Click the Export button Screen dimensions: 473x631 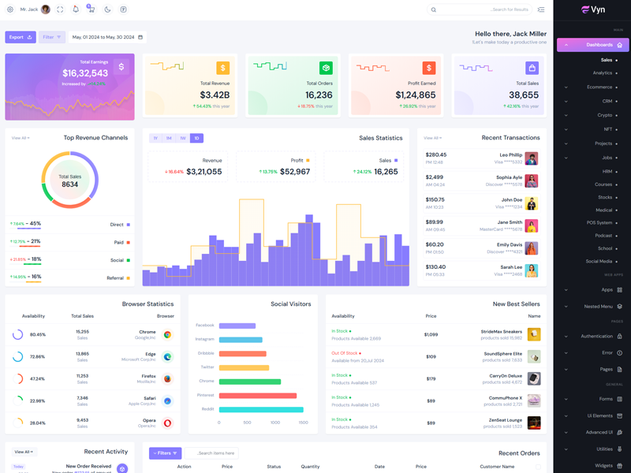click(21, 37)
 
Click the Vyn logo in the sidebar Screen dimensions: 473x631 click(593, 10)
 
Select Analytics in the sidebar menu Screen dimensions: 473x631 click(603, 73)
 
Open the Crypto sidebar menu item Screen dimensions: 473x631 click(604, 115)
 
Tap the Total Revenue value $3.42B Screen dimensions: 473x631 click(214, 95)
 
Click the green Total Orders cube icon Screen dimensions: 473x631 click(326, 69)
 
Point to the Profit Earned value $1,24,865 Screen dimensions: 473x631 click(416, 95)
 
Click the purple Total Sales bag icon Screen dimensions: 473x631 click(532, 69)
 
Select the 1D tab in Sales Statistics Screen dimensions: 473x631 click(196, 138)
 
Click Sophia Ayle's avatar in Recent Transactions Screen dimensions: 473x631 click(532, 181)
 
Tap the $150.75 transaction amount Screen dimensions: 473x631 click(435, 199)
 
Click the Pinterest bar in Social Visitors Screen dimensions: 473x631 click(258, 396)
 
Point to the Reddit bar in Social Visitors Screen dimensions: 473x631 click(261, 410)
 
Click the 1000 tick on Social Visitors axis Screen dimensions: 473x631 click(275, 423)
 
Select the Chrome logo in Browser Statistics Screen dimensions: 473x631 click(167, 334)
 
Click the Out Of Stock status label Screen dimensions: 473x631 click(345, 353)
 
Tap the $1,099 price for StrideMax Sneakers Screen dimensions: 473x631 click(431, 334)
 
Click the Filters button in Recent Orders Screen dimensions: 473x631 click(166, 453)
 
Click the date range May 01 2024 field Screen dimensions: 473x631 click(107, 37)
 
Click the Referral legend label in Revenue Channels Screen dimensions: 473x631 click(115, 278)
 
